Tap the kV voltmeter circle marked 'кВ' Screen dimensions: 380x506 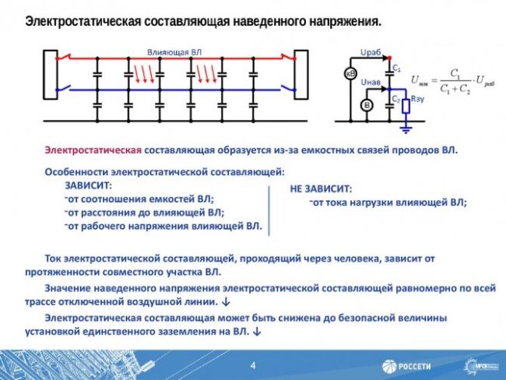coord(350,74)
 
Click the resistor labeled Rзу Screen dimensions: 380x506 coord(405,104)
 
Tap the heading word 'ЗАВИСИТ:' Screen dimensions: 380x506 coord(88,185)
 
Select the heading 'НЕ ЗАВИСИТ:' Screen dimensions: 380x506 coord(321,189)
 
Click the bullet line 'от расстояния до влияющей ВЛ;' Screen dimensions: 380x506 coord(146,212)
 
